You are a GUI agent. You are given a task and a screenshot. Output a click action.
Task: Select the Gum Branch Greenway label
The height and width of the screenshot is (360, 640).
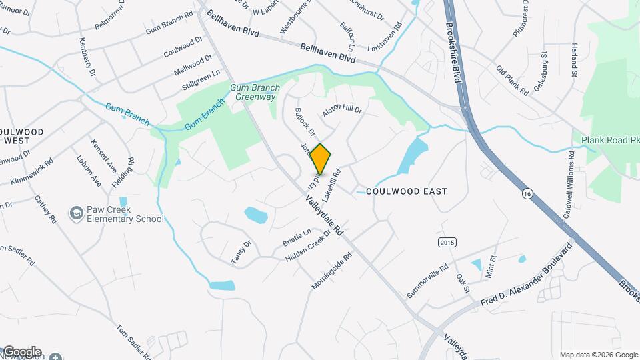(255, 92)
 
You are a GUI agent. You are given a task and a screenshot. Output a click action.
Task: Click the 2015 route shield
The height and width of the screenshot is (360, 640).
(447, 242)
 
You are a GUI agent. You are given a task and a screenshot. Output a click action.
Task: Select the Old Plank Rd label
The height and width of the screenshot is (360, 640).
(512, 80)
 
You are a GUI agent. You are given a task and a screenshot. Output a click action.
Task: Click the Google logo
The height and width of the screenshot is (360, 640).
(22, 352)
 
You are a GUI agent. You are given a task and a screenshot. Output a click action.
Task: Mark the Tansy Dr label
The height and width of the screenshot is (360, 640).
(241, 252)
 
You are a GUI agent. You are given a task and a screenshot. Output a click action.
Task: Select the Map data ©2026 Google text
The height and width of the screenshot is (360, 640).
(599, 355)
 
